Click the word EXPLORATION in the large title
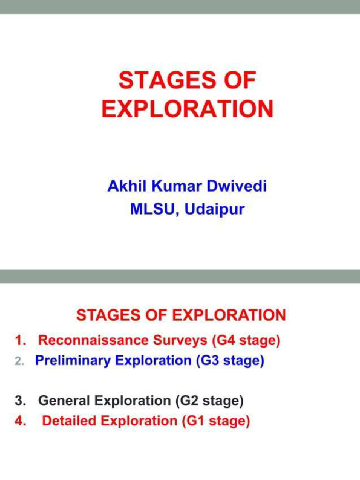[187, 109]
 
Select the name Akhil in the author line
[123, 187]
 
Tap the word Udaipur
[214, 209]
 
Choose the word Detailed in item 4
[68, 421]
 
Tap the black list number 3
[20, 401]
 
